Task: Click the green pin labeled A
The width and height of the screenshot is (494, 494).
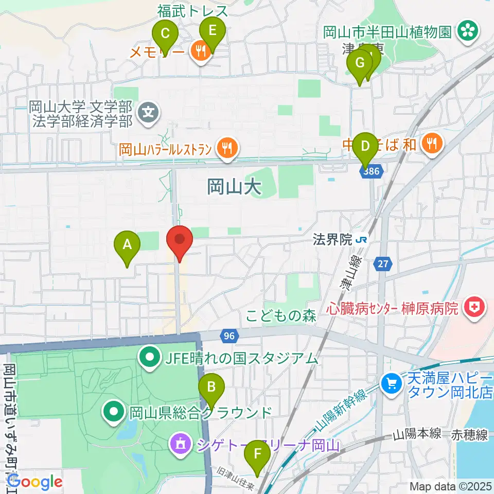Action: coord(127,244)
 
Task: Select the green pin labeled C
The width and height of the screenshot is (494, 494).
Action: coord(166,34)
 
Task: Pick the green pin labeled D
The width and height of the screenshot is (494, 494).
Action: coord(365,146)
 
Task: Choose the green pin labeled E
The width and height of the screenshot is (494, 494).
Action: coord(212,30)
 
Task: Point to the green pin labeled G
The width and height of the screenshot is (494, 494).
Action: coord(359,64)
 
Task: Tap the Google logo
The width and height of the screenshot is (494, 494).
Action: coord(34,482)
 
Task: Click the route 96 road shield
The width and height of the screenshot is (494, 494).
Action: coord(229,336)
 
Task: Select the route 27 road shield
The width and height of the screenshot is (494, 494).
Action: coord(382,264)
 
